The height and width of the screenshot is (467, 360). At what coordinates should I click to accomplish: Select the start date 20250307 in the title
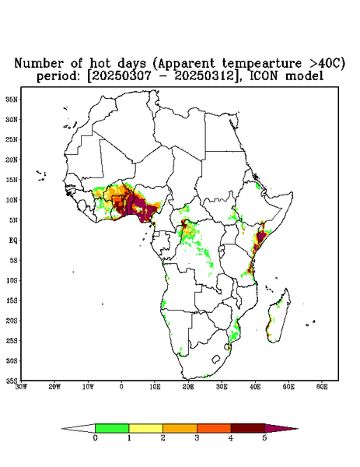(122, 76)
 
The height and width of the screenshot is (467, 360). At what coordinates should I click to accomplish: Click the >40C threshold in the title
(323, 63)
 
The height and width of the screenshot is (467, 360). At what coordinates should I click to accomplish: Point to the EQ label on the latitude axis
(13, 240)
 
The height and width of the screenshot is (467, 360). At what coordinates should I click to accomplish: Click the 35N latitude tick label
(12, 99)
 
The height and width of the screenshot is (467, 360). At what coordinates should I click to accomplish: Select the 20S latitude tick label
(12, 321)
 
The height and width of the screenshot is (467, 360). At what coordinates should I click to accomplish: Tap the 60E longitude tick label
(322, 387)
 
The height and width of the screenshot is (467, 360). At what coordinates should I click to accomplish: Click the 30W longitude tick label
(21, 387)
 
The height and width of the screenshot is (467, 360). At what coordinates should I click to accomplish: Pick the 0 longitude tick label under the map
(121, 387)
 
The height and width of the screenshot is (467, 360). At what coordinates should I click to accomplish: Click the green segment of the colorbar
(112, 428)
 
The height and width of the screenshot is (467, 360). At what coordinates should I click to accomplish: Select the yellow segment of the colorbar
(145, 428)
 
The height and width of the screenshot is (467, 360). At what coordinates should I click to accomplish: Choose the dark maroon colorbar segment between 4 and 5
(248, 428)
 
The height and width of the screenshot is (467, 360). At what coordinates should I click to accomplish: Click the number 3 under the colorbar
(197, 438)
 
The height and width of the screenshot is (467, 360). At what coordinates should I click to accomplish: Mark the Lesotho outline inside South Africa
(216, 359)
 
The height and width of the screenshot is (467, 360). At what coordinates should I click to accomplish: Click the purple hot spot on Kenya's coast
(261, 237)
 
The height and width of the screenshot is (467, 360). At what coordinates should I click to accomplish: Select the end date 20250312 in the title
(205, 76)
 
